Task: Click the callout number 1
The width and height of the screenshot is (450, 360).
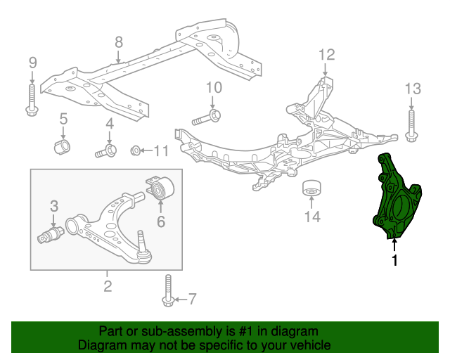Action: [x=394, y=261]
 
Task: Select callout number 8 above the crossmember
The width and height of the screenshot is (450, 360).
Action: [x=118, y=41]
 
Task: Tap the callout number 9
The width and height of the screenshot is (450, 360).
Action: [x=32, y=63]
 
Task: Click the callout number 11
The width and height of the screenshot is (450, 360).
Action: [x=161, y=150]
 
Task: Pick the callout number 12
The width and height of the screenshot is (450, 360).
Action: [x=327, y=54]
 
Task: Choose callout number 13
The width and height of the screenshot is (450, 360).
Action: [x=412, y=89]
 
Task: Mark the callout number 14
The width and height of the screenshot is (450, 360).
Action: [x=311, y=217]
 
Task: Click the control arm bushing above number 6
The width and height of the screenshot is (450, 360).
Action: [x=162, y=188]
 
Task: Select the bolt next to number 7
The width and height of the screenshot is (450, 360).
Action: [x=168, y=290]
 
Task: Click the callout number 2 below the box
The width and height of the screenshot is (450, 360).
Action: [x=107, y=285]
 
